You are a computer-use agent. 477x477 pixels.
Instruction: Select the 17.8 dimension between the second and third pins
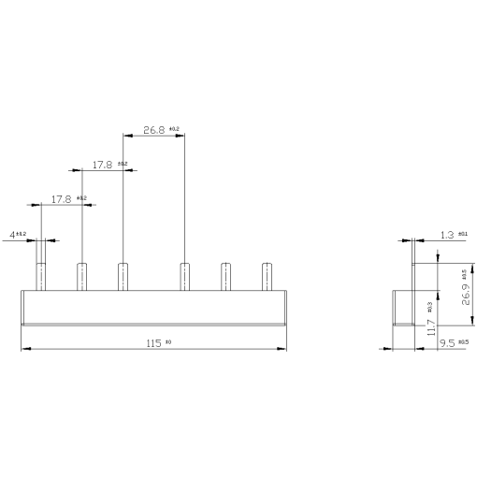[x=102, y=165]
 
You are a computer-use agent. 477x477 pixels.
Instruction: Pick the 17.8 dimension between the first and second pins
[x=61, y=198]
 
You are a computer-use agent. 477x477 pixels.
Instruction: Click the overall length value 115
[x=153, y=342]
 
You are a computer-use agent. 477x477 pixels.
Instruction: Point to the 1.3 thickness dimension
[x=447, y=235]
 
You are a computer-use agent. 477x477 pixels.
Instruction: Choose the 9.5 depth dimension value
[x=447, y=343]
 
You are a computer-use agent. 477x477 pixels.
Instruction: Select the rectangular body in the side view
[x=401, y=308]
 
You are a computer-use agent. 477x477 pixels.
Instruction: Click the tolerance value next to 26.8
[x=176, y=128]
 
